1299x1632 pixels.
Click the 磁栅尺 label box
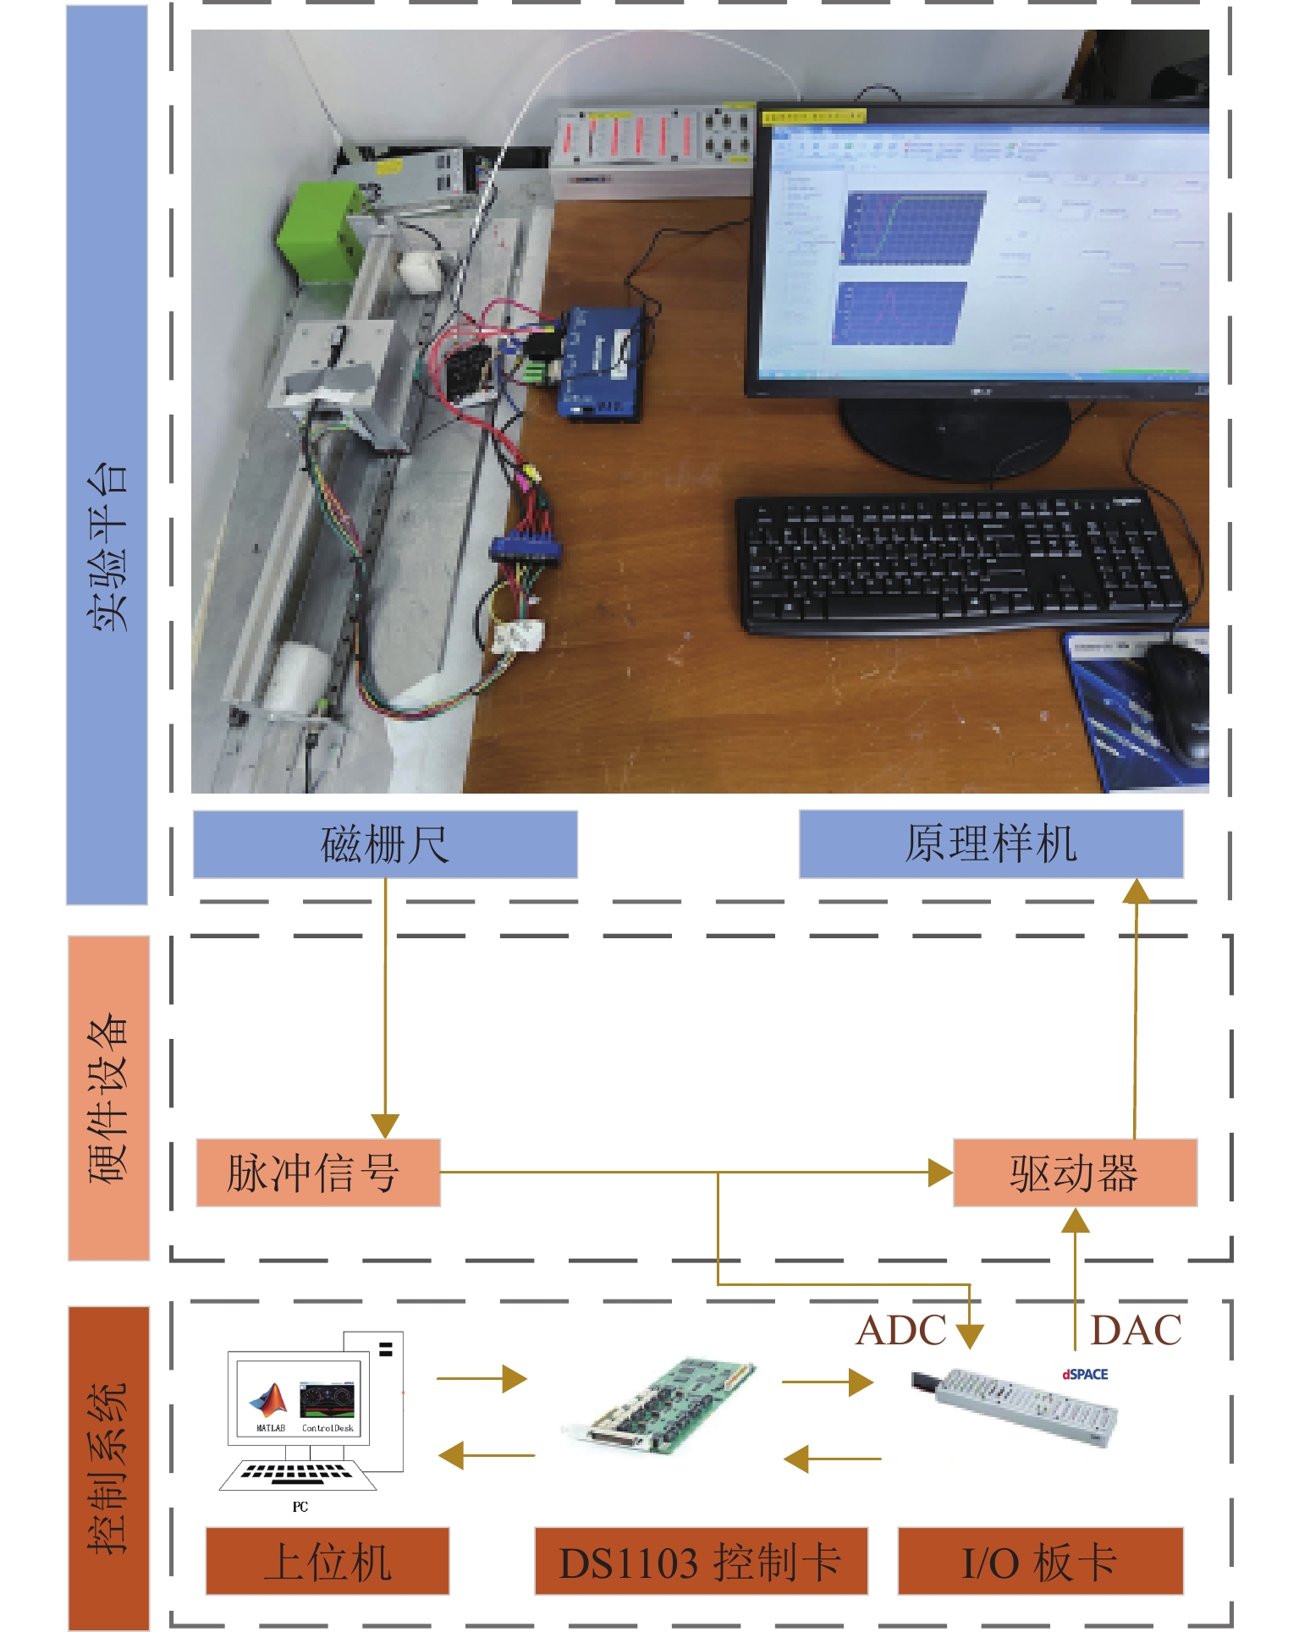point(385,844)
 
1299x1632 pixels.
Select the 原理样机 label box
point(990,844)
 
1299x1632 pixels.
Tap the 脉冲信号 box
point(318,1173)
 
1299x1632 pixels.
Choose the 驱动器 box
point(1075,1173)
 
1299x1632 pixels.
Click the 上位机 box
point(328,1561)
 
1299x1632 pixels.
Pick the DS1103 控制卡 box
point(701,1561)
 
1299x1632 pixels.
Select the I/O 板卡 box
point(1040,1561)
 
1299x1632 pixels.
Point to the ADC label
point(900,1330)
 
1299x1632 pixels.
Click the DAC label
point(1136,1330)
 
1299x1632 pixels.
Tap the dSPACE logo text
point(1085,1374)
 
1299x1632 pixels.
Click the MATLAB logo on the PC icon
point(269,1402)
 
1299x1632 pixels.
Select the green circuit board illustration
point(660,1409)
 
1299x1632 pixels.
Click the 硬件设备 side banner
point(108,1097)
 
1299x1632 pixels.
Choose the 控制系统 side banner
point(108,1468)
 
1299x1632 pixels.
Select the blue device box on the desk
point(599,362)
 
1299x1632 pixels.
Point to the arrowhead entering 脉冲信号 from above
point(385,1126)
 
